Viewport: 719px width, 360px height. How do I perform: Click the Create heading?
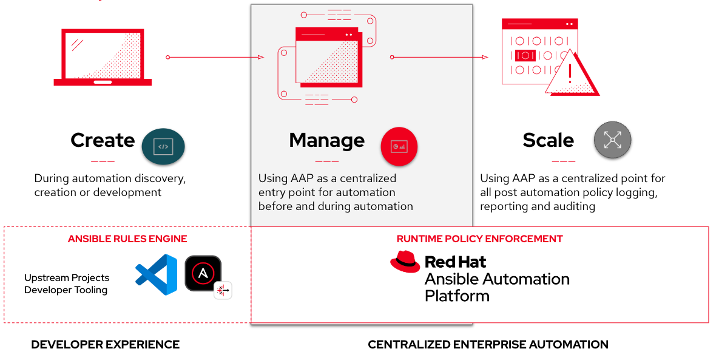[x=103, y=140]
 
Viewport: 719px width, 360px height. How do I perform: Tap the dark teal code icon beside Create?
[x=163, y=147]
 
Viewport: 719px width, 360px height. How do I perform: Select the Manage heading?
[x=327, y=141]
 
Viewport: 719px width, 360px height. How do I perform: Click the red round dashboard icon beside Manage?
[x=399, y=146]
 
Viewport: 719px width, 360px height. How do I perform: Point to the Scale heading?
[x=549, y=140]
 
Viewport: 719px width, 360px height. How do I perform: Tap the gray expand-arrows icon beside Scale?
[x=613, y=140]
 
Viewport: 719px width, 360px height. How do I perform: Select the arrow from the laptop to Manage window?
[x=215, y=57]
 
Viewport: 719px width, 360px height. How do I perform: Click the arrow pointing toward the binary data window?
[x=439, y=57]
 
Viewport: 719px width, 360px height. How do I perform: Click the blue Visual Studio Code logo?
[x=157, y=274]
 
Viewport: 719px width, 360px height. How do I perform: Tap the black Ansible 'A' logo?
[x=203, y=273]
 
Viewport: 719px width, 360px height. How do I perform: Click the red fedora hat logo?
[x=405, y=262]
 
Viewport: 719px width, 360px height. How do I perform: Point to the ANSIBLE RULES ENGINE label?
[x=127, y=239]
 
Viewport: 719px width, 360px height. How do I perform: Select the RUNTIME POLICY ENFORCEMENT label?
[x=480, y=239]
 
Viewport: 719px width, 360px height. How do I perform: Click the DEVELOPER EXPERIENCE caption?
[x=106, y=344]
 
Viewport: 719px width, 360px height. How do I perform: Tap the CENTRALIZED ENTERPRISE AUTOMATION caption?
[x=488, y=344]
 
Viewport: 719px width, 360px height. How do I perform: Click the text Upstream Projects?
[x=67, y=277]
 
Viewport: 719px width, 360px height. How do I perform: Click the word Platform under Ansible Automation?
[x=457, y=296]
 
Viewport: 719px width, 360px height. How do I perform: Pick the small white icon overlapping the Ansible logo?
[x=223, y=290]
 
